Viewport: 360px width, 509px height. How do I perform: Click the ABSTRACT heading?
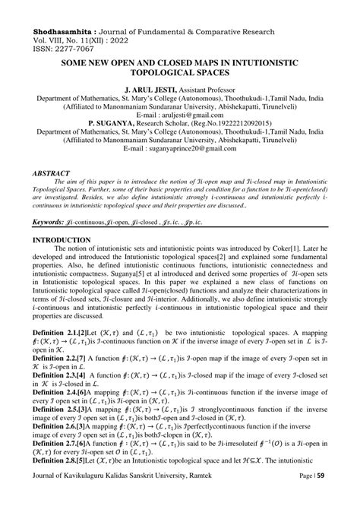click(55, 173)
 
